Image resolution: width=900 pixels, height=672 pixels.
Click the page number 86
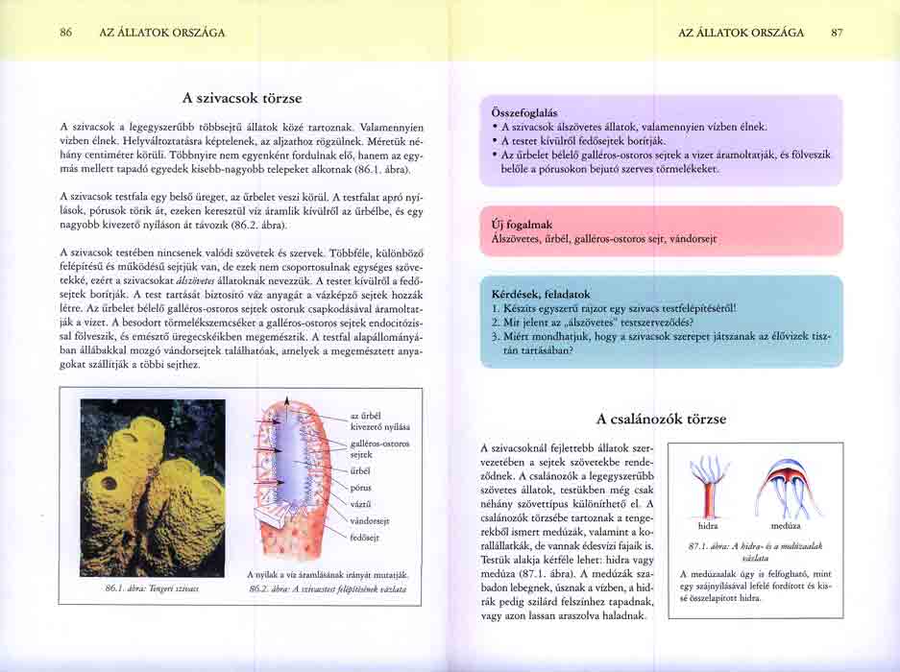coord(65,32)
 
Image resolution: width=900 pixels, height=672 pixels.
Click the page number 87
coord(837,32)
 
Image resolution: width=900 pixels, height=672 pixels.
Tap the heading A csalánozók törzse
coord(661,419)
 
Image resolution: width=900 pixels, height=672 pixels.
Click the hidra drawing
coord(710,486)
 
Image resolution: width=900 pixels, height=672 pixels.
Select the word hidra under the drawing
coord(708,526)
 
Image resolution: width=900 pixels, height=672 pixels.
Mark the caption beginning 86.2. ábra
coord(327,588)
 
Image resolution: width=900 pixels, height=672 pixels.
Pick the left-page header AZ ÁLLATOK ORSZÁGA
coord(162,32)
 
